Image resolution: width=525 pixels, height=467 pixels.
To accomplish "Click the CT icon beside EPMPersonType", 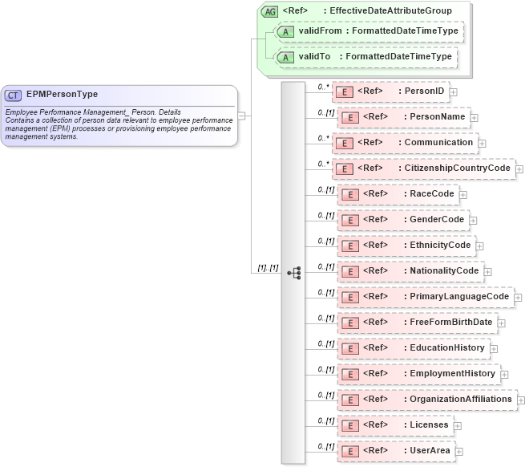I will click(16, 95).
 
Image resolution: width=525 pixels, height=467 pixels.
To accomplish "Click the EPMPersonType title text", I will click(63, 95).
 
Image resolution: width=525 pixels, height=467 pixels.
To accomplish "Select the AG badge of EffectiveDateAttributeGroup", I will click(269, 11).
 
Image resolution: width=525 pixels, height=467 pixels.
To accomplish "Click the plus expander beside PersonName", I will click(474, 117).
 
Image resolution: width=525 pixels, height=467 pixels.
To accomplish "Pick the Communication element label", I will click(438, 143).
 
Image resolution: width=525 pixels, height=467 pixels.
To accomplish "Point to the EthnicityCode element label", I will click(438, 246).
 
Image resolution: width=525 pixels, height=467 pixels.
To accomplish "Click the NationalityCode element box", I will click(410, 271).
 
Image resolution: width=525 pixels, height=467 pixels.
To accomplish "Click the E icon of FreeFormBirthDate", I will click(349, 323).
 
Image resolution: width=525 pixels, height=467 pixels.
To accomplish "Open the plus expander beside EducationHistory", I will click(494, 348).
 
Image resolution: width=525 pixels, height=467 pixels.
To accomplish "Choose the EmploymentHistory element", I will click(419, 374).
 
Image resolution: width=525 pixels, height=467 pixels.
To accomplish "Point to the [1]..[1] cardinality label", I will click(268, 268).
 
